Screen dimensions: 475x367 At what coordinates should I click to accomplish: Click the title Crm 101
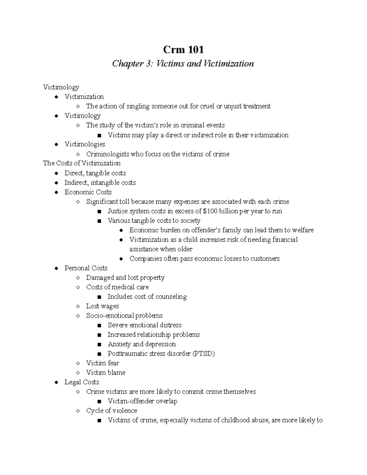183,49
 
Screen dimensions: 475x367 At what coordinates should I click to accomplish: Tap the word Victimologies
85,144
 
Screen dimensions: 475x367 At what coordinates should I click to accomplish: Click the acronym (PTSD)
203,354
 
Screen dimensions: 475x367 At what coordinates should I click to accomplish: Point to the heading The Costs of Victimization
82,163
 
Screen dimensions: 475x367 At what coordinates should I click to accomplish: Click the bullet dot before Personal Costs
56,268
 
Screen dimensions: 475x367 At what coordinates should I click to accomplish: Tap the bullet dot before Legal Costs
56,382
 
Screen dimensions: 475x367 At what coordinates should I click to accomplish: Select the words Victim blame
106,373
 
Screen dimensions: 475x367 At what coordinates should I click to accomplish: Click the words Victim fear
102,363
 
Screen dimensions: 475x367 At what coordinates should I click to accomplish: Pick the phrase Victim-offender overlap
142,401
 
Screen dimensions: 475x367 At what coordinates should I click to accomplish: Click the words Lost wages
102,306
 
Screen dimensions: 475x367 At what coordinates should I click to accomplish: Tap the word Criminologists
108,154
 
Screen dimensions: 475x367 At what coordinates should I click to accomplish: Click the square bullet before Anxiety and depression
99,344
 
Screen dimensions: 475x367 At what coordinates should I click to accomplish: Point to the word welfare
303,230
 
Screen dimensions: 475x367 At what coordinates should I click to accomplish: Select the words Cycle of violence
112,410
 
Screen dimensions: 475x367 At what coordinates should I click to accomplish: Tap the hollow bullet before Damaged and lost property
78,278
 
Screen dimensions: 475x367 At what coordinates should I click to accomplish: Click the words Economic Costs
88,192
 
